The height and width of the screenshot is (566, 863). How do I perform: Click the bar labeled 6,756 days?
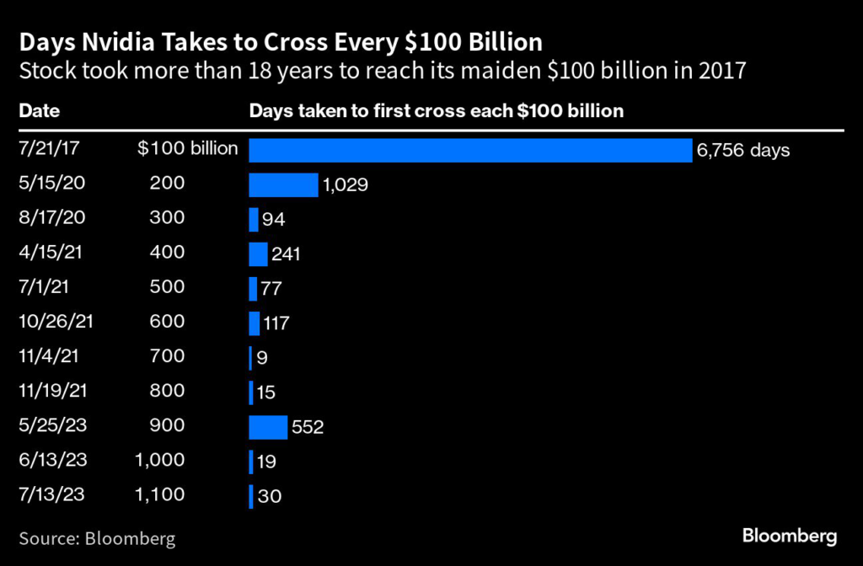pos(469,150)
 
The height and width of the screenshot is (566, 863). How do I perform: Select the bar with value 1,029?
pos(283,184)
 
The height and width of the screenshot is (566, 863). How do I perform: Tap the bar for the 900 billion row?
pos(268,427)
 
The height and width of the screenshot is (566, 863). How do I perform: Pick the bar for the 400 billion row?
pos(258,254)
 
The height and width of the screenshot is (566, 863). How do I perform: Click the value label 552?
pos(308,428)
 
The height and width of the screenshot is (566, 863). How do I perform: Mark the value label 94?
pos(274,220)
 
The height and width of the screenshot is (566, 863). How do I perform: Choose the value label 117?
pos(279,323)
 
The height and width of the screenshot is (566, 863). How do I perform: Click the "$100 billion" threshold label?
pos(188,150)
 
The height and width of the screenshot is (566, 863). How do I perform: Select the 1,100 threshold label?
pos(159,495)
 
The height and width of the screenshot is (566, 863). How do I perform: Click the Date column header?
pos(39,110)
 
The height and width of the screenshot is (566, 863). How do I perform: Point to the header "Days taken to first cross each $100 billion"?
pos(436,110)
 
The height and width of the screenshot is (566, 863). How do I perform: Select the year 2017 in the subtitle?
pos(722,71)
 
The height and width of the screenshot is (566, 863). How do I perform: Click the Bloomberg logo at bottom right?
pos(790,536)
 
